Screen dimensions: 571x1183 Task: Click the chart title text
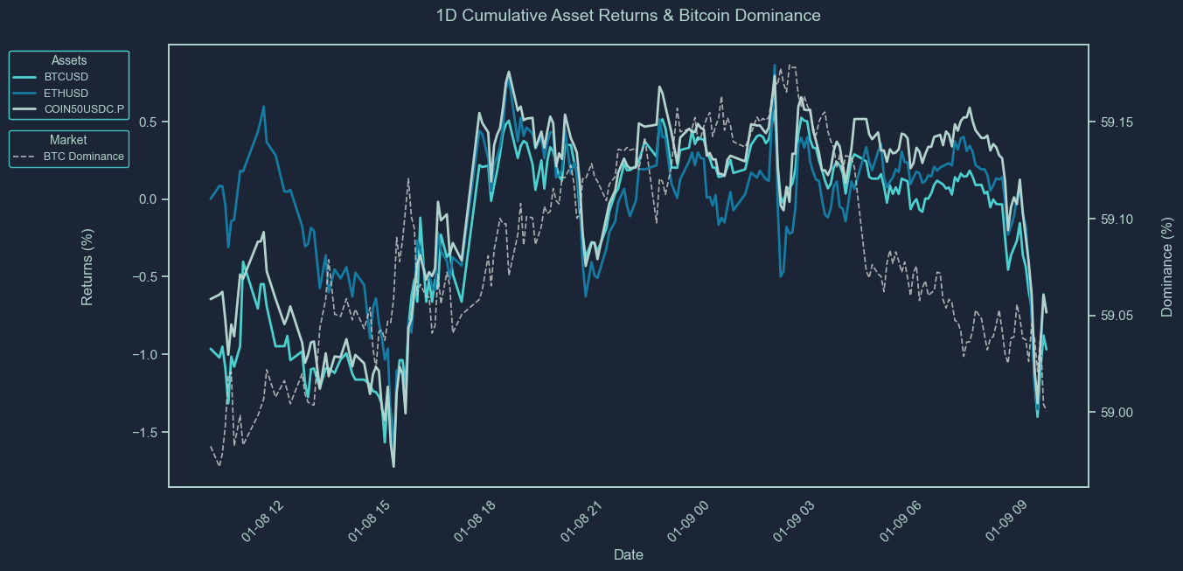pyautogui.click(x=628, y=16)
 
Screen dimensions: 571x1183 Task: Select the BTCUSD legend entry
pyautogui.click(x=66, y=77)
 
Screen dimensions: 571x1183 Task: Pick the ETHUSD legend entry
pyautogui.click(x=66, y=94)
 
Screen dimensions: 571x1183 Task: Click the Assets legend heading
pyautogui.click(x=69, y=60)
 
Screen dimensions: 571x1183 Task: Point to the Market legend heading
pyautogui.click(x=68, y=140)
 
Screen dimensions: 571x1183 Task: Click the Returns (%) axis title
pyautogui.click(x=87, y=266)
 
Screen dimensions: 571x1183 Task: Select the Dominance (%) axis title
pyautogui.click(x=1166, y=267)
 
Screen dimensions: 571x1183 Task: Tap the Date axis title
pyautogui.click(x=629, y=554)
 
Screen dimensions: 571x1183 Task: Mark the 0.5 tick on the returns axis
pyautogui.click(x=148, y=122)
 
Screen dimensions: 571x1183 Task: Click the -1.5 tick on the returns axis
pyautogui.click(x=144, y=433)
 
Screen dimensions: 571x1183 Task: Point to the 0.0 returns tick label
pyautogui.click(x=148, y=199)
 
